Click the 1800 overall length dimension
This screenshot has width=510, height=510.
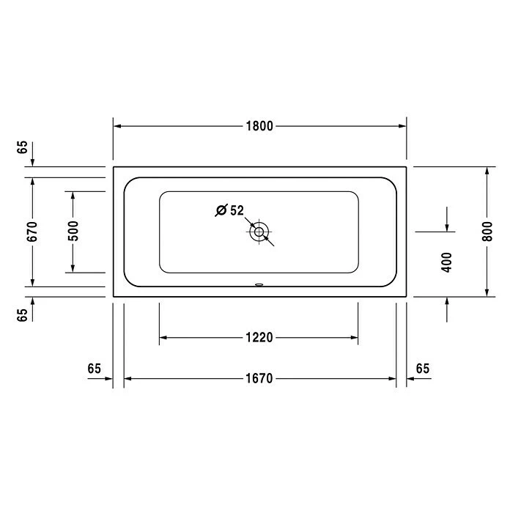[259, 126]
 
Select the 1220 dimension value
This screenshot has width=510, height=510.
[259, 338]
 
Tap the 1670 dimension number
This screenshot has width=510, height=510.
[259, 379]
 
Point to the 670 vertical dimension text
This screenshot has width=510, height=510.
[32, 232]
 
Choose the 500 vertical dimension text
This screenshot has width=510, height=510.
[73, 232]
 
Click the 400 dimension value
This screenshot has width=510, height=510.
[447, 262]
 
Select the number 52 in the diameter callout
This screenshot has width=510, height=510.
[237, 210]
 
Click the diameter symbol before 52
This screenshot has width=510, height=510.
[221, 211]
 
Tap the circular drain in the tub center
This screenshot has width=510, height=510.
[259, 232]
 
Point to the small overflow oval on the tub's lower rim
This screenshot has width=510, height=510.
[259, 285]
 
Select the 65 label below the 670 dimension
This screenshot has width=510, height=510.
[23, 314]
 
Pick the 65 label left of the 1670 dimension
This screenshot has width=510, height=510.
[94, 368]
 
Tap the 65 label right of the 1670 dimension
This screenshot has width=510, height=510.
[423, 368]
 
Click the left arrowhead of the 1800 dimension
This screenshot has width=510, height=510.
[118, 126]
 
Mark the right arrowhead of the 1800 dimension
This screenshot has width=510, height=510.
[401, 126]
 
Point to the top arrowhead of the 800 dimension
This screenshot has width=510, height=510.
[487, 171]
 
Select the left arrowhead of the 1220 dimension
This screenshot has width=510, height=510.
[165, 338]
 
